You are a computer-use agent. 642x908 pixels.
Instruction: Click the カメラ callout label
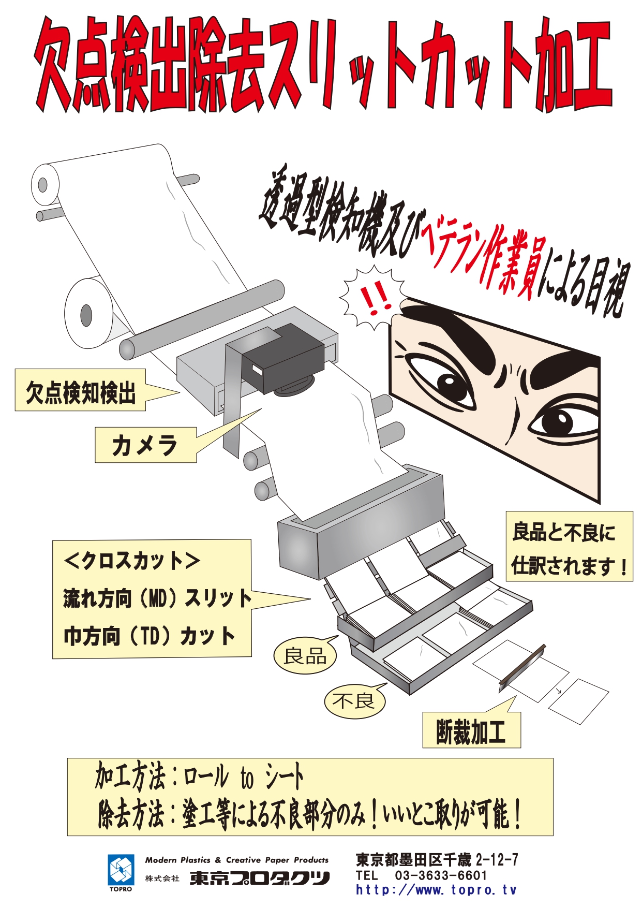click(x=145, y=445)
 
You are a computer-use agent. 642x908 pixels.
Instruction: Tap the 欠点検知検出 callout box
click(x=80, y=390)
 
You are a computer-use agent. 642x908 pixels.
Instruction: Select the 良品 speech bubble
click(x=305, y=656)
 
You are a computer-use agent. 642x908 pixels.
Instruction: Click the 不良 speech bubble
click(x=354, y=701)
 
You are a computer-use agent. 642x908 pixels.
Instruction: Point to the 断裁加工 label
click(x=471, y=730)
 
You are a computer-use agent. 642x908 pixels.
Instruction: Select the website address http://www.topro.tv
click(x=436, y=890)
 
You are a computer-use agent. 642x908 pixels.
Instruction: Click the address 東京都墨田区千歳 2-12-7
click(x=437, y=860)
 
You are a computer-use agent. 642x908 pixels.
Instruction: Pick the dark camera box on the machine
click(x=283, y=359)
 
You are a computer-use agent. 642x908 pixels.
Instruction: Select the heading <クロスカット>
click(x=132, y=561)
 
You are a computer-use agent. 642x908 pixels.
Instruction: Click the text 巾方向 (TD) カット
click(x=150, y=636)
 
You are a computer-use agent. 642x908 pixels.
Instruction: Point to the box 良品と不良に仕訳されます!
click(x=569, y=546)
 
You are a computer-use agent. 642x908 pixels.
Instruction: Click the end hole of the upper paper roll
click(x=42, y=184)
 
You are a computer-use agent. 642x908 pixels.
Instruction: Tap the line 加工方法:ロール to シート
click(x=199, y=777)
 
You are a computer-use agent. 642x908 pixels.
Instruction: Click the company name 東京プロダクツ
click(x=259, y=878)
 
